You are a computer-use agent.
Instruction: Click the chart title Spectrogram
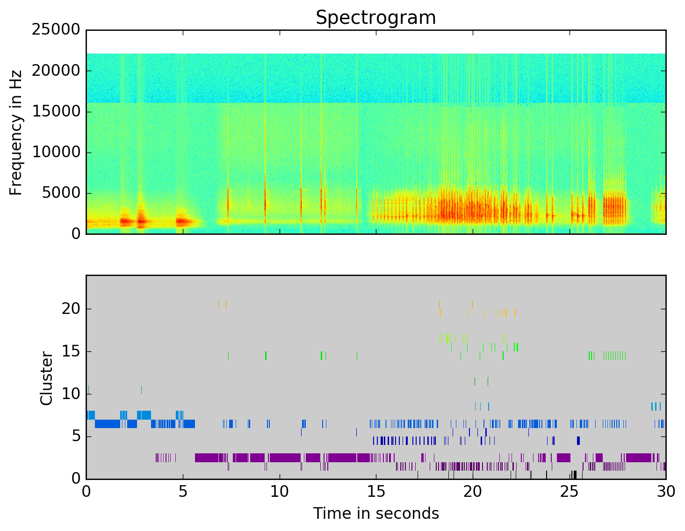pyautogui.click(x=375, y=18)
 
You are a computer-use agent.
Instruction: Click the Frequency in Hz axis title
pyautogui.click(x=16, y=132)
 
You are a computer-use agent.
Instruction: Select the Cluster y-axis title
pyautogui.click(x=46, y=378)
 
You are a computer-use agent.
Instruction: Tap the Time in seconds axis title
pyautogui.click(x=376, y=514)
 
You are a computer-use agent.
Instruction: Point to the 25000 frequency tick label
pyautogui.click(x=56, y=30)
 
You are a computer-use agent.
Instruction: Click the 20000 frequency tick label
pyautogui.click(x=56, y=71)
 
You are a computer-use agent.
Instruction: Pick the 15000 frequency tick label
pyautogui.click(x=56, y=111)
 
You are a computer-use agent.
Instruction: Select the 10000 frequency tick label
pyautogui.click(x=56, y=153)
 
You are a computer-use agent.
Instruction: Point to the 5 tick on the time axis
pyautogui.click(x=183, y=492)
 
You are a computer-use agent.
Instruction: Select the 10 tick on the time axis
pyautogui.click(x=280, y=492)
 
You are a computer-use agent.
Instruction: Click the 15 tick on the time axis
pyautogui.click(x=376, y=492)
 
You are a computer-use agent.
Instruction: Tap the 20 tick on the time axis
pyautogui.click(x=473, y=492)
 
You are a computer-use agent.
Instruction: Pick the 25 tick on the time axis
pyautogui.click(x=570, y=492)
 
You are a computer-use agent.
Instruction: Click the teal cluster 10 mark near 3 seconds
pyautogui.click(x=141, y=389)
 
